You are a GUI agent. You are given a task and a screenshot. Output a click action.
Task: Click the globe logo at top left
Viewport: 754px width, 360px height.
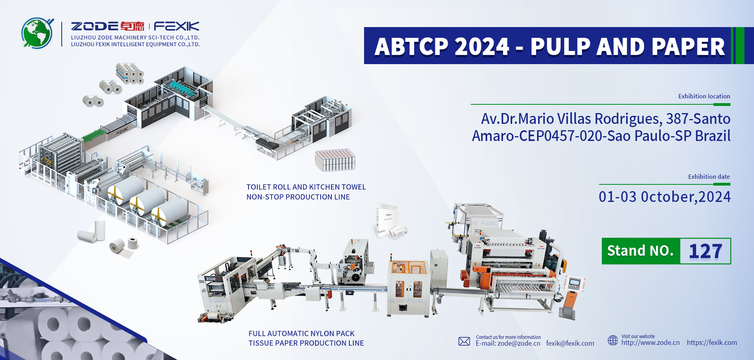tap(37, 33)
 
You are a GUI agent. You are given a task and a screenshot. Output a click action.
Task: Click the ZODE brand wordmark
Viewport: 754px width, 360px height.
tap(94, 26)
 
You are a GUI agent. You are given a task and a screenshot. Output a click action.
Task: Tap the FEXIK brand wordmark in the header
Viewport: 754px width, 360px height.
tap(176, 26)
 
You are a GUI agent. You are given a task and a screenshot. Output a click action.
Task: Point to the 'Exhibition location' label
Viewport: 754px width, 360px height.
tap(704, 96)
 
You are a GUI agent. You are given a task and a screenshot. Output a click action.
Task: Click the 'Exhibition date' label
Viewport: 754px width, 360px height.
tap(709, 177)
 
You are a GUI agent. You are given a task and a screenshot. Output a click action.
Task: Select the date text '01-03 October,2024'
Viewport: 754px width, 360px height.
tap(665, 197)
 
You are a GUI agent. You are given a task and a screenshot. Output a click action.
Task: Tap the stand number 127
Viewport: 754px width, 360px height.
tap(705, 251)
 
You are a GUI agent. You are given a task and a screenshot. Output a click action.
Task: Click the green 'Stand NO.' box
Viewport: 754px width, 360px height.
tap(641, 251)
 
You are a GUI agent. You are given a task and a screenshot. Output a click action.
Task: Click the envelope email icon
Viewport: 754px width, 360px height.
tap(464, 341)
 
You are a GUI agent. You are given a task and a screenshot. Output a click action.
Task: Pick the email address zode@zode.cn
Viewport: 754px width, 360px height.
tap(519, 343)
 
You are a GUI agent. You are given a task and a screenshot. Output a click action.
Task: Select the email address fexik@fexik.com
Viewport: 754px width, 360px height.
tap(570, 343)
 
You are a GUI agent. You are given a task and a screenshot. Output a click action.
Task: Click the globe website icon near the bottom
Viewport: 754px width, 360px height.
tap(613, 340)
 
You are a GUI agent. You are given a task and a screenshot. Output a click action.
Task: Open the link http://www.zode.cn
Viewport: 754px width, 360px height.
tap(650, 342)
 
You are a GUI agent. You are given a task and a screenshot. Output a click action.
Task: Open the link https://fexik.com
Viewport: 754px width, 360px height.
tap(712, 342)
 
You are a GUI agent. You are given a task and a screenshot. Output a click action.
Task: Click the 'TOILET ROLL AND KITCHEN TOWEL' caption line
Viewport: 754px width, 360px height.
tap(306, 187)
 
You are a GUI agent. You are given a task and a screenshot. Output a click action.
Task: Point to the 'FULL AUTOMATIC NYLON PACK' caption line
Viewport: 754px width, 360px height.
tap(302, 334)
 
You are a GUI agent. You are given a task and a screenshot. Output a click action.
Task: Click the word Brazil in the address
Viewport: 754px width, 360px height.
tap(713, 136)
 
